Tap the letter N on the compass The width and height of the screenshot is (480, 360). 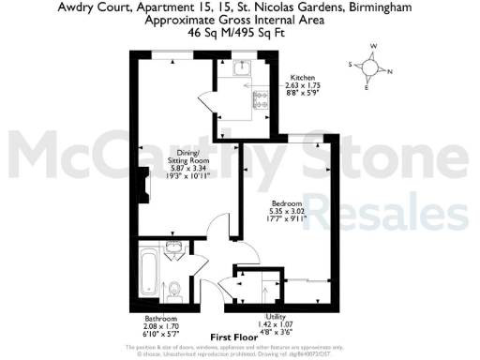coord(391,72)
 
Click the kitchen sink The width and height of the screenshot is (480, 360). coord(242,67)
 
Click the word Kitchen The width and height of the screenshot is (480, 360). coord(303,77)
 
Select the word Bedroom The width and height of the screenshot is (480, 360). coord(286,203)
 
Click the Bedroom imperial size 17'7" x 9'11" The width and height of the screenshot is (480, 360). coord(286,219)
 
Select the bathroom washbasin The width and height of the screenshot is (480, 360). coord(175,250)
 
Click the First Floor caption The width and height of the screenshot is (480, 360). coord(233,337)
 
